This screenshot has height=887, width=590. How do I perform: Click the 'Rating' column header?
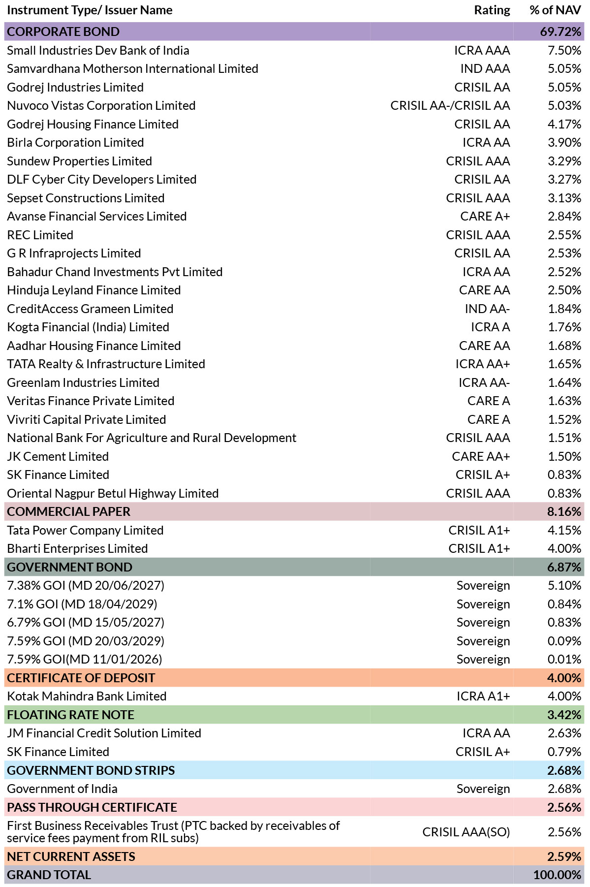[x=492, y=10]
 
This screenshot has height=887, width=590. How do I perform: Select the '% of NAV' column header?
[x=555, y=10]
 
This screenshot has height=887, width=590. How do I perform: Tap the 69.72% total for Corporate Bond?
[x=560, y=32]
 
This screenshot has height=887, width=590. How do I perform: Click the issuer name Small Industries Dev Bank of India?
[x=98, y=50]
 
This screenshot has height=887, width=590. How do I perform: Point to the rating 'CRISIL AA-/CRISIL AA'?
[x=450, y=105]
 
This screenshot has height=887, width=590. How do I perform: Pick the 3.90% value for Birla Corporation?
[x=564, y=142]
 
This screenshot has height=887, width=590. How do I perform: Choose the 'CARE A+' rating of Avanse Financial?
[x=485, y=216]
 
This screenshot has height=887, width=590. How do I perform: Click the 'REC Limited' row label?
[x=40, y=235]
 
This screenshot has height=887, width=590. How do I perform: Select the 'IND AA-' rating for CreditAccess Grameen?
[x=487, y=309]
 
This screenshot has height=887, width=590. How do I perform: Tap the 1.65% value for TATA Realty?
[x=564, y=364]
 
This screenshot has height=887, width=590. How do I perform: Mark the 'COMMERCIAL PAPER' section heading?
[x=68, y=511]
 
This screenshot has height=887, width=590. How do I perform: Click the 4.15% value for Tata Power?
[x=564, y=530]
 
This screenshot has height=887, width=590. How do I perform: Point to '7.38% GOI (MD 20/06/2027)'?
[x=86, y=585]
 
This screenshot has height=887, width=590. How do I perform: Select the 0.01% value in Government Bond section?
[x=564, y=659]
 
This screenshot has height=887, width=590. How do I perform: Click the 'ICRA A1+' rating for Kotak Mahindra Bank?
[x=483, y=696]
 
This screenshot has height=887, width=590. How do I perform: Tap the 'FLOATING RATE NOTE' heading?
[x=70, y=715]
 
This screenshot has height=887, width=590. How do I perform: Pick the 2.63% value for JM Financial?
[x=564, y=733]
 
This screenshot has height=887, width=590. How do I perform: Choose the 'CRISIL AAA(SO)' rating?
[x=466, y=832]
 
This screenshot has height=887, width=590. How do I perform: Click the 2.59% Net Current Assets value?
[x=564, y=856]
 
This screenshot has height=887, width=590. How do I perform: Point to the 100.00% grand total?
[x=558, y=875]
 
